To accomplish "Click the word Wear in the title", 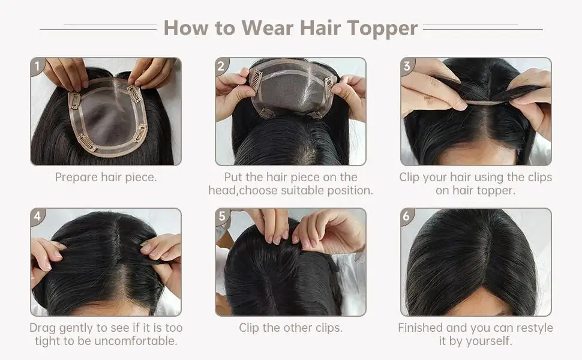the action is tap(268, 28).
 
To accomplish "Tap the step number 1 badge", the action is tap(37, 66).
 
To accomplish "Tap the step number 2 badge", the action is tap(221, 66).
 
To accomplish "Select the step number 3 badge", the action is tap(407, 66).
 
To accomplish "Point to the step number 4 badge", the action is tap(37, 217).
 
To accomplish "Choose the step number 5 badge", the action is tap(222, 217).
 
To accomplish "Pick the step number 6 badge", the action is tap(407, 217).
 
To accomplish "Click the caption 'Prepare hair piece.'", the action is tap(106, 178).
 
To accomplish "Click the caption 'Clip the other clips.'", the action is tap(290, 328).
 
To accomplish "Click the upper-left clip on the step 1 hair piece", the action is tap(75, 100).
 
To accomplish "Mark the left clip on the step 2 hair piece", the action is tap(256, 80).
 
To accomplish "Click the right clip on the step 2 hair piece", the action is tap(329, 85).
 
